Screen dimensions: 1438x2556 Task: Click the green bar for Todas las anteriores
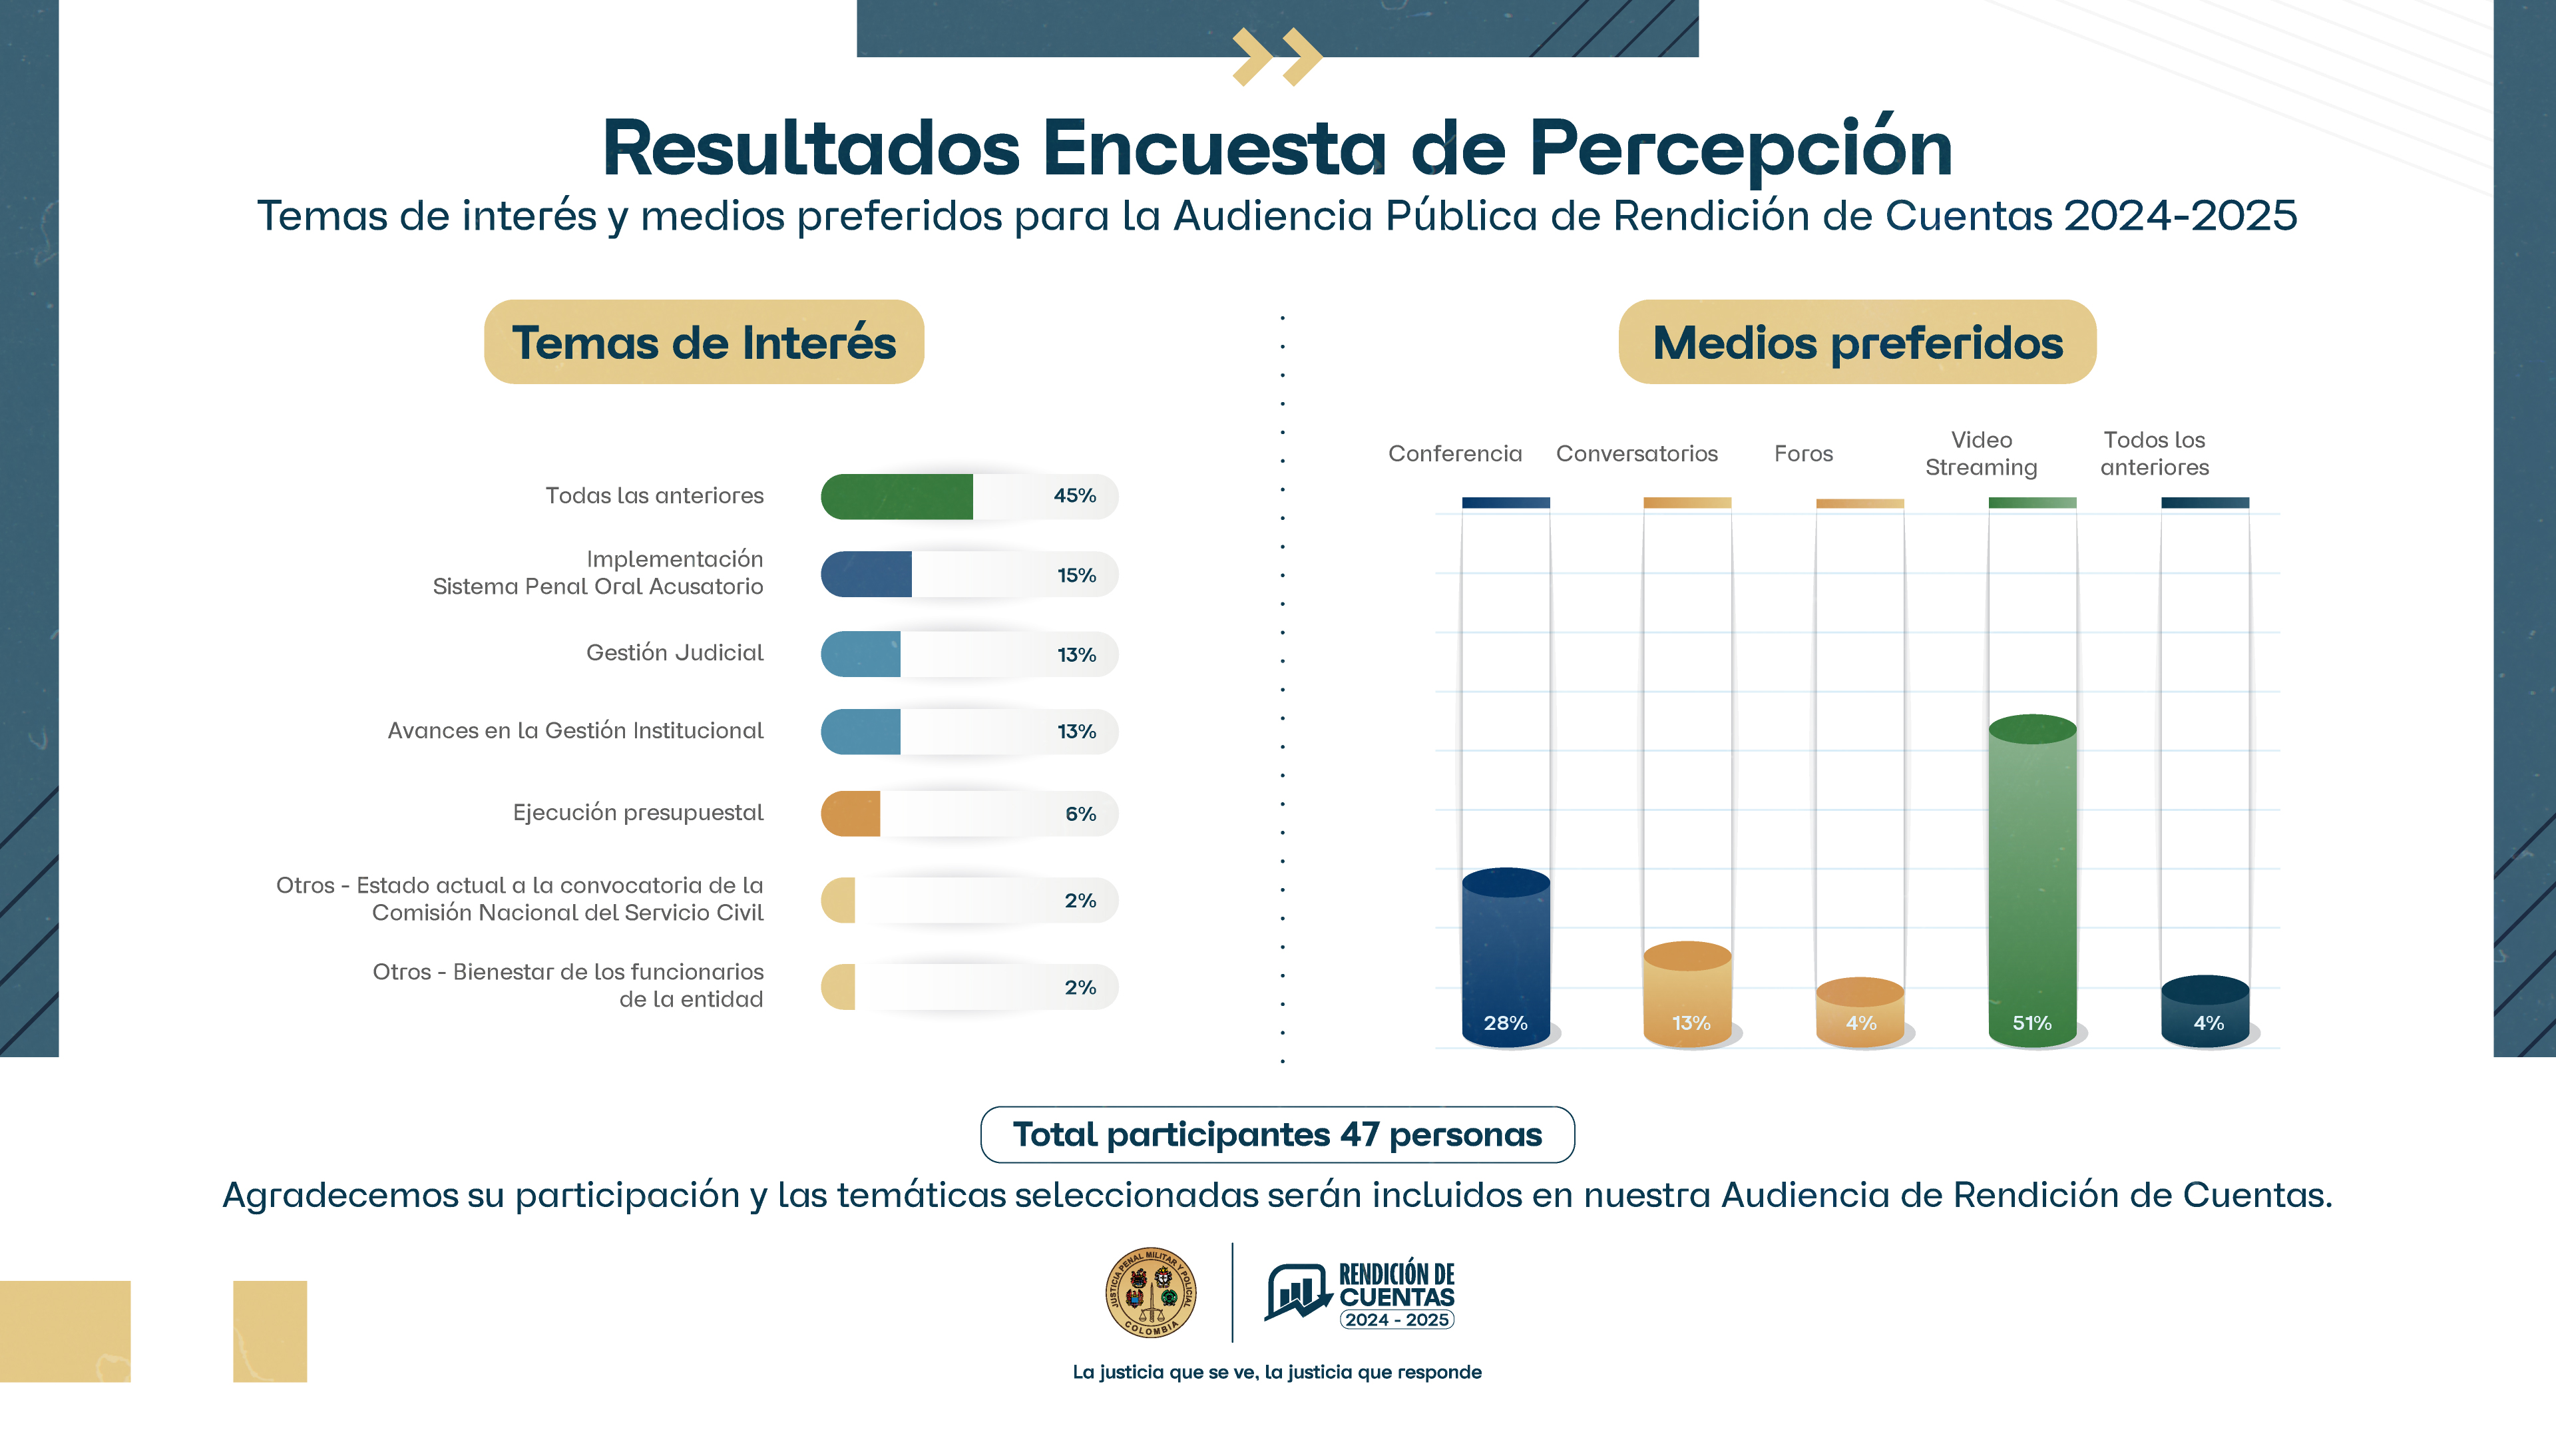(x=896, y=496)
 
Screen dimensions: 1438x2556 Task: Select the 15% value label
(x=1076, y=576)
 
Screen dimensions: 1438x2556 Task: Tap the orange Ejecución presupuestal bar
(x=851, y=814)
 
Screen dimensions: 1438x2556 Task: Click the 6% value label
(x=1080, y=814)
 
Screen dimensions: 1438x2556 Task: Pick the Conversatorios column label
(x=1636, y=453)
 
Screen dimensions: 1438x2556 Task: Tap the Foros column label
(x=1803, y=453)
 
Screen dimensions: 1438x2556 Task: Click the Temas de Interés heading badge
(x=704, y=342)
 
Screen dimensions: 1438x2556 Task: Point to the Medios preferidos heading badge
(x=1856, y=342)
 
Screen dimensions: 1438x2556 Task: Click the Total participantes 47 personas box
(x=1277, y=1134)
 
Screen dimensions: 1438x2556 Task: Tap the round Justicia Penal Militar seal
(x=1150, y=1292)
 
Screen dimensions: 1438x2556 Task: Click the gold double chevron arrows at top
(x=1277, y=57)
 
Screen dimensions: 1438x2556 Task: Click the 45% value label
(x=1074, y=496)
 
